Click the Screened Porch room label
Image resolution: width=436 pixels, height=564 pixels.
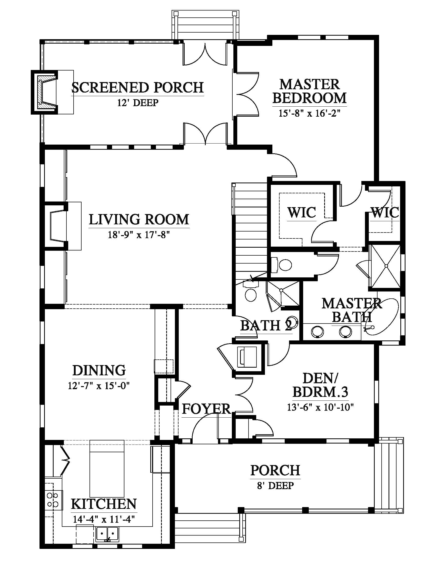coord(138,87)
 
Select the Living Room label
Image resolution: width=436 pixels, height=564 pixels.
coord(139,219)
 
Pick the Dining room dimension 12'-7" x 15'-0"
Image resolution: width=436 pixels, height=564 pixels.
coord(98,386)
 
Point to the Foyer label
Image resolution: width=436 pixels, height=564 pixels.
coord(206,409)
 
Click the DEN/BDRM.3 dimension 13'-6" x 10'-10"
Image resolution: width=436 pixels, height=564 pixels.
coord(320,407)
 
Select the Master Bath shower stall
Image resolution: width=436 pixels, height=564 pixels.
coord(385,266)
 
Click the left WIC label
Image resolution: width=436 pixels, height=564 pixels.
coord(302,212)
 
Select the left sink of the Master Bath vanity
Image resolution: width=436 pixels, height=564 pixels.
coord(317,332)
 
